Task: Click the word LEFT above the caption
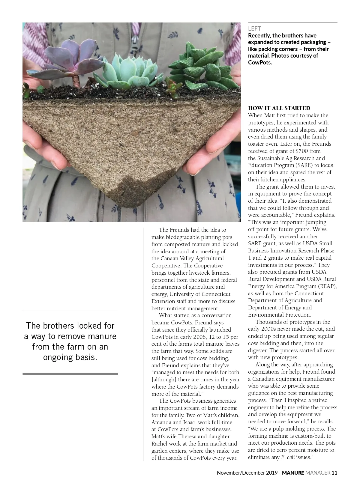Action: tap(254, 29)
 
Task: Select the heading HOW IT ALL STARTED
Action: tap(279, 108)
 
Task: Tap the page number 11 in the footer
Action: tap(334, 473)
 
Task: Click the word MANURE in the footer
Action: tap(293, 473)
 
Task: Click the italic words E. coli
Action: tap(288, 457)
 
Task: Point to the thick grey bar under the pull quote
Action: tap(70, 374)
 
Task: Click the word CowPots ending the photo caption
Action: tap(259, 62)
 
